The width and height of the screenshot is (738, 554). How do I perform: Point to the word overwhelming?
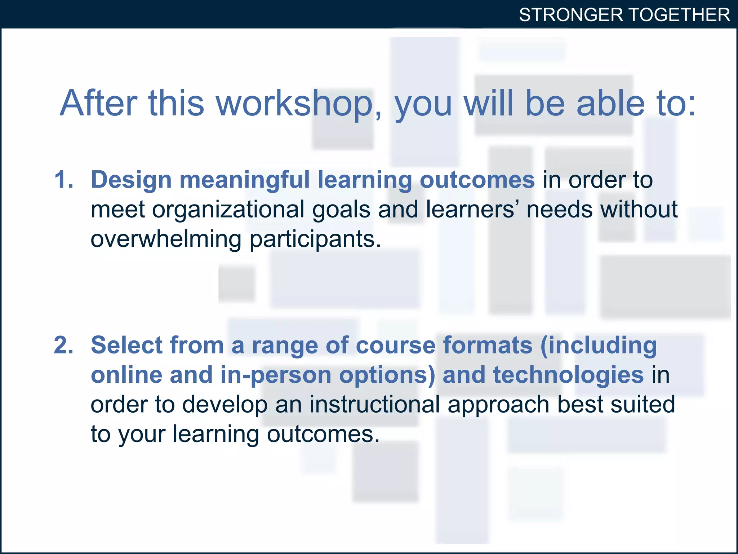click(x=166, y=239)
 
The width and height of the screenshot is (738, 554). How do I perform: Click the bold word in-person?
click(x=276, y=375)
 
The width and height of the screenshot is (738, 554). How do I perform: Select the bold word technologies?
click(x=568, y=375)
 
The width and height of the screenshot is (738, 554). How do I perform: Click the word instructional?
click(x=374, y=404)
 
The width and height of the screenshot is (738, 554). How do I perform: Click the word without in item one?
click(x=639, y=209)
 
